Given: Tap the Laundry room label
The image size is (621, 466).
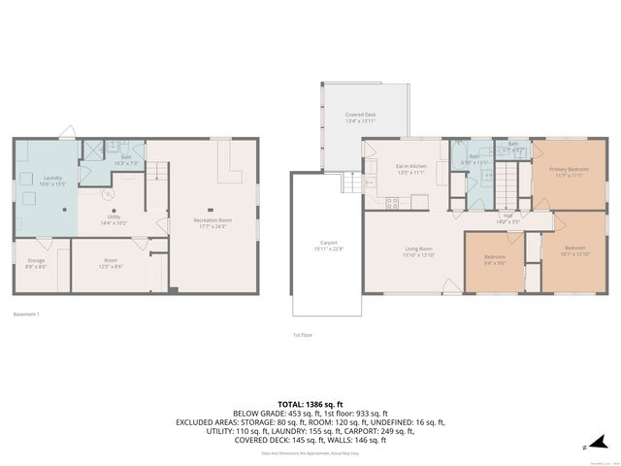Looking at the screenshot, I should pos(51,181).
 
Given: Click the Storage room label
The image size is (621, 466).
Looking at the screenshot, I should pos(35,262).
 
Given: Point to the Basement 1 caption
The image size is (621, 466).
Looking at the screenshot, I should pos(26,315).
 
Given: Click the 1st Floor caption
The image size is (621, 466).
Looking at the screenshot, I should pos(303,335).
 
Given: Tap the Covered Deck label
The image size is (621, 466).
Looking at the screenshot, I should pos(360,117).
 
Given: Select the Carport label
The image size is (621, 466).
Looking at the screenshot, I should pos(328,246).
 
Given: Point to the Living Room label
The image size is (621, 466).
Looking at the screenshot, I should pos(419,251).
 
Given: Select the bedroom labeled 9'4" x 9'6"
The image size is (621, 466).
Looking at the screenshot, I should pos(495,259).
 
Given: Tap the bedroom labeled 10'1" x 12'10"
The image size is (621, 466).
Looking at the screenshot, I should pos(576,250).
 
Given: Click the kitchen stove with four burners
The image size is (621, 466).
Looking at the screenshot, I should pos(393,203).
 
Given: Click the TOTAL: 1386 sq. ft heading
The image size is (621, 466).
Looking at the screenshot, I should pos(310,403).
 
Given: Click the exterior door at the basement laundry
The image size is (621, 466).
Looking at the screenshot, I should pos(63,133).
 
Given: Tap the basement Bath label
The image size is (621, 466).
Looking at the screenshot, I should pos(125,158).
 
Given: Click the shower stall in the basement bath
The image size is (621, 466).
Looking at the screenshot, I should pos(91,150).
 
